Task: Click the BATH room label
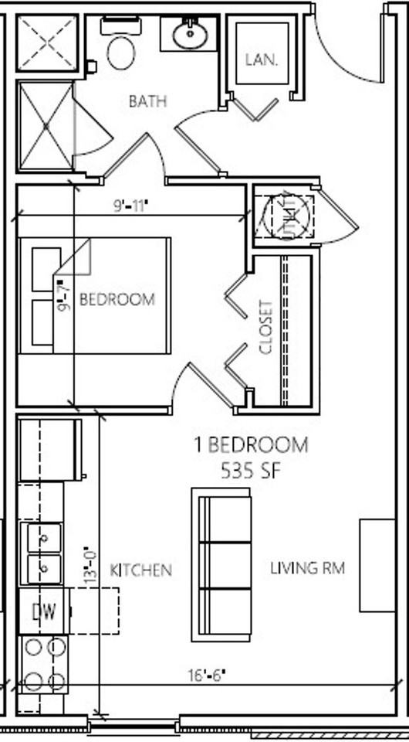pyautogui.click(x=147, y=101)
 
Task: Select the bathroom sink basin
pyautogui.click(x=188, y=35)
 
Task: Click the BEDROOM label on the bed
pyautogui.click(x=117, y=299)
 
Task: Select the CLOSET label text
pyautogui.click(x=267, y=327)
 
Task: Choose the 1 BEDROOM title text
pyautogui.click(x=251, y=445)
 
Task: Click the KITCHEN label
pyautogui.click(x=140, y=570)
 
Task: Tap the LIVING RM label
pyautogui.click(x=306, y=568)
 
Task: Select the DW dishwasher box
pyautogui.click(x=44, y=612)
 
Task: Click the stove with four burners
pyautogui.click(x=44, y=664)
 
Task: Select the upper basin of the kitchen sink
pyautogui.click(x=44, y=536)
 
